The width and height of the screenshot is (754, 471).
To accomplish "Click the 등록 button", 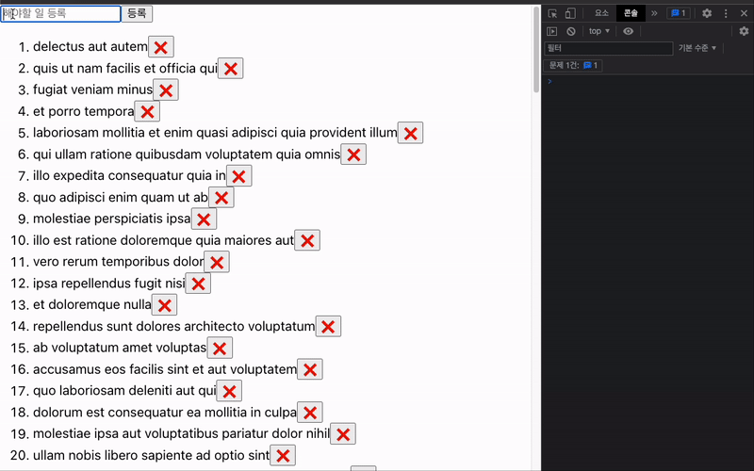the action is pyautogui.click(x=138, y=14).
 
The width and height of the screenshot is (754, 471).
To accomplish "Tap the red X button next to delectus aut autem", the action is pyautogui.click(x=161, y=47).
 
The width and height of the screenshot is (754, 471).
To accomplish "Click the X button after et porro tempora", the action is pyautogui.click(x=147, y=112).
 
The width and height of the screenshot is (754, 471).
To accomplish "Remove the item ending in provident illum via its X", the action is pyautogui.click(x=410, y=134).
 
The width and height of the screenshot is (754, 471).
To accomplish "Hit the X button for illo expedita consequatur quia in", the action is pyautogui.click(x=238, y=176).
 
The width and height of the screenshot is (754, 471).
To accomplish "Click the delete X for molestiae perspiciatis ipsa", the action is pyautogui.click(x=204, y=219).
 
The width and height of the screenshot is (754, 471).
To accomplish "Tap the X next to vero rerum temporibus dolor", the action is pyautogui.click(x=217, y=263).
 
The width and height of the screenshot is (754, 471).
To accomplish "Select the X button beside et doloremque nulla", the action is pyautogui.click(x=164, y=305).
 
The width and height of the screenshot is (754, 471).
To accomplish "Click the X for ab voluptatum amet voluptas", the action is pyautogui.click(x=220, y=349).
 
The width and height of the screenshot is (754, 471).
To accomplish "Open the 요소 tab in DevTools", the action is pyautogui.click(x=601, y=13).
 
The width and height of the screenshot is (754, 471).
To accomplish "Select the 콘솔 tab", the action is pyautogui.click(x=631, y=13).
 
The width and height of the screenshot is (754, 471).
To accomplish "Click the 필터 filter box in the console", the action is pyautogui.click(x=608, y=48).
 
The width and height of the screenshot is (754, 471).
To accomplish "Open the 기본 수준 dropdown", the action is pyautogui.click(x=697, y=48).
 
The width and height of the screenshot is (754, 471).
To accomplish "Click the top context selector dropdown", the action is pyautogui.click(x=599, y=31).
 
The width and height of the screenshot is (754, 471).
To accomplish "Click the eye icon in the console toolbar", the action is pyautogui.click(x=629, y=31).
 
